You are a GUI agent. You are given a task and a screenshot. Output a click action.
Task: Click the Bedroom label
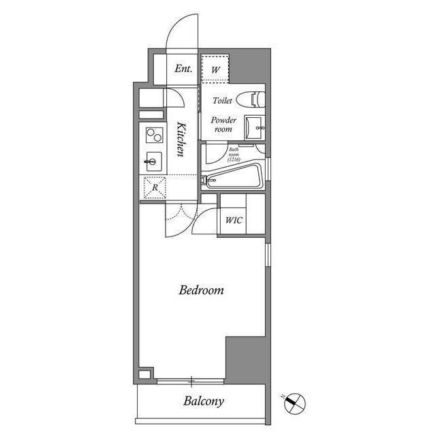202,290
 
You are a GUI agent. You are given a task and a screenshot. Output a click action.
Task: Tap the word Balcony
204,401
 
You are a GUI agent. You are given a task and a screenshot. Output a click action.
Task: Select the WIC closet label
234,220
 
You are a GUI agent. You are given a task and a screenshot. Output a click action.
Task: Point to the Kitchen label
181,139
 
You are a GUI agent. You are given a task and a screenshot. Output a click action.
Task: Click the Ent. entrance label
183,68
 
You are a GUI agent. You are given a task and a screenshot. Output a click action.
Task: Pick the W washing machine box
215,69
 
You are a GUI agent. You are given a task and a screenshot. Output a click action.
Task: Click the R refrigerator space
155,188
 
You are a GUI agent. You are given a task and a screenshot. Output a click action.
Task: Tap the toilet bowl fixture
251,99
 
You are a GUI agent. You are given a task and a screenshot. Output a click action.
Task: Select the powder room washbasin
254,128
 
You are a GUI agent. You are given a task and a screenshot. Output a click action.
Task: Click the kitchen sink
154,161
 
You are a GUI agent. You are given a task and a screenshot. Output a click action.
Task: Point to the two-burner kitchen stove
155,135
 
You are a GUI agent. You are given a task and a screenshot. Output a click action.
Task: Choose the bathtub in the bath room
233,176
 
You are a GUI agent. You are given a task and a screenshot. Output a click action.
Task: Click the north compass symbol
295,403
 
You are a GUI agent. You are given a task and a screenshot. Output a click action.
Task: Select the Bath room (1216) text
234,155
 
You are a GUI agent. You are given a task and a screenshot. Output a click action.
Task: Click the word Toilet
222,100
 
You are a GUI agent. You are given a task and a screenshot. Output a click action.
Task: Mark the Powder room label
223,124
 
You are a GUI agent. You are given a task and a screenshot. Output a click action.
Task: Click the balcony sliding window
191,381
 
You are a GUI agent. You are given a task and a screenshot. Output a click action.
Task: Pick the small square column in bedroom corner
144,374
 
